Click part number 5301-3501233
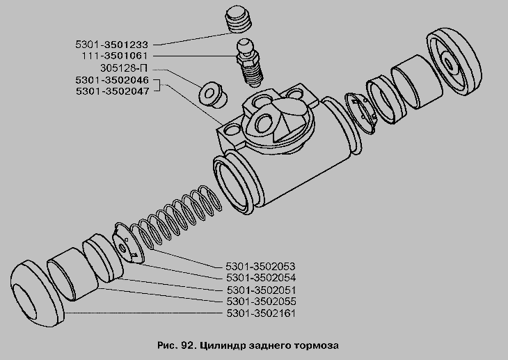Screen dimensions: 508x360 (111, 45)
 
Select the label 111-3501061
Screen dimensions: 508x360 (114, 56)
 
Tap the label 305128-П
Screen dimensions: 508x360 (124, 68)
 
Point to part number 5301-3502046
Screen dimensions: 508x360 (112, 80)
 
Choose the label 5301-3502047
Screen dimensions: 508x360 (113, 91)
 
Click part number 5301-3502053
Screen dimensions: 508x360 (261, 267)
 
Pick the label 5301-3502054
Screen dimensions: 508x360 (261, 278)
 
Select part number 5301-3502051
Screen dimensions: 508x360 (262, 290)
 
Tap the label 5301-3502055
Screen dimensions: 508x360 (262, 302)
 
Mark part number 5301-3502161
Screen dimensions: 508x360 (261, 313)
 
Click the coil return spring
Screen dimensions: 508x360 (177, 217)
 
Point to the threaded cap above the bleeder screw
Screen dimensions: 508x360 (239, 20)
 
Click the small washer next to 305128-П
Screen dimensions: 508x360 (212, 95)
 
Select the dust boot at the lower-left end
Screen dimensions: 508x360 (37, 295)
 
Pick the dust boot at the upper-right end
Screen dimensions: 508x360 (454, 62)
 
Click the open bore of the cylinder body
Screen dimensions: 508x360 (233, 185)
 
